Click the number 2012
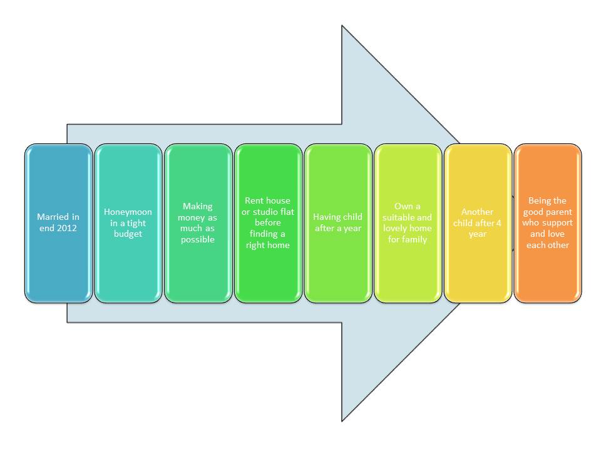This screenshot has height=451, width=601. [x=66, y=228]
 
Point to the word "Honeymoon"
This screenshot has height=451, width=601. [x=128, y=212]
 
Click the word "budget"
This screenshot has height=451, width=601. [x=128, y=234]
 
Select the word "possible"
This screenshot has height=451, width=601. [x=198, y=240]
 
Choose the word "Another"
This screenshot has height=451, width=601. [x=478, y=212]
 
